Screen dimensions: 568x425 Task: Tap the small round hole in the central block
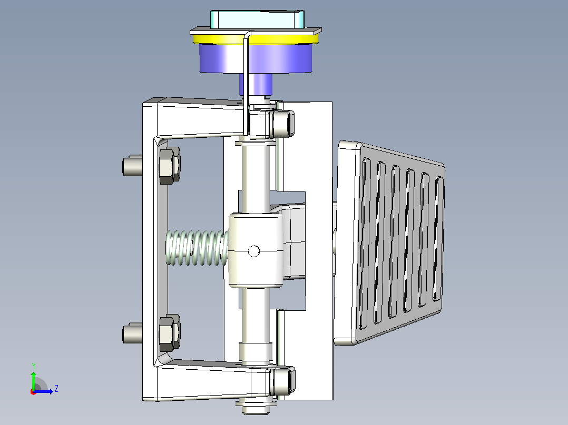[x=254, y=251]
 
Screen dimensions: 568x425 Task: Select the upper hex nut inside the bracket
[x=169, y=166]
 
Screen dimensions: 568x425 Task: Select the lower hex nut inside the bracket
[x=169, y=333]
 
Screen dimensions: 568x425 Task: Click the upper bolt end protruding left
[x=132, y=166]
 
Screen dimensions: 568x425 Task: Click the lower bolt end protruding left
[x=132, y=333]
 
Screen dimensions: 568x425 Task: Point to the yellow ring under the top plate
[x=256, y=39]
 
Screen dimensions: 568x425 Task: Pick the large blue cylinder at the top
[x=256, y=58]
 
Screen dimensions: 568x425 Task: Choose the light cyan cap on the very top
[x=257, y=19]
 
